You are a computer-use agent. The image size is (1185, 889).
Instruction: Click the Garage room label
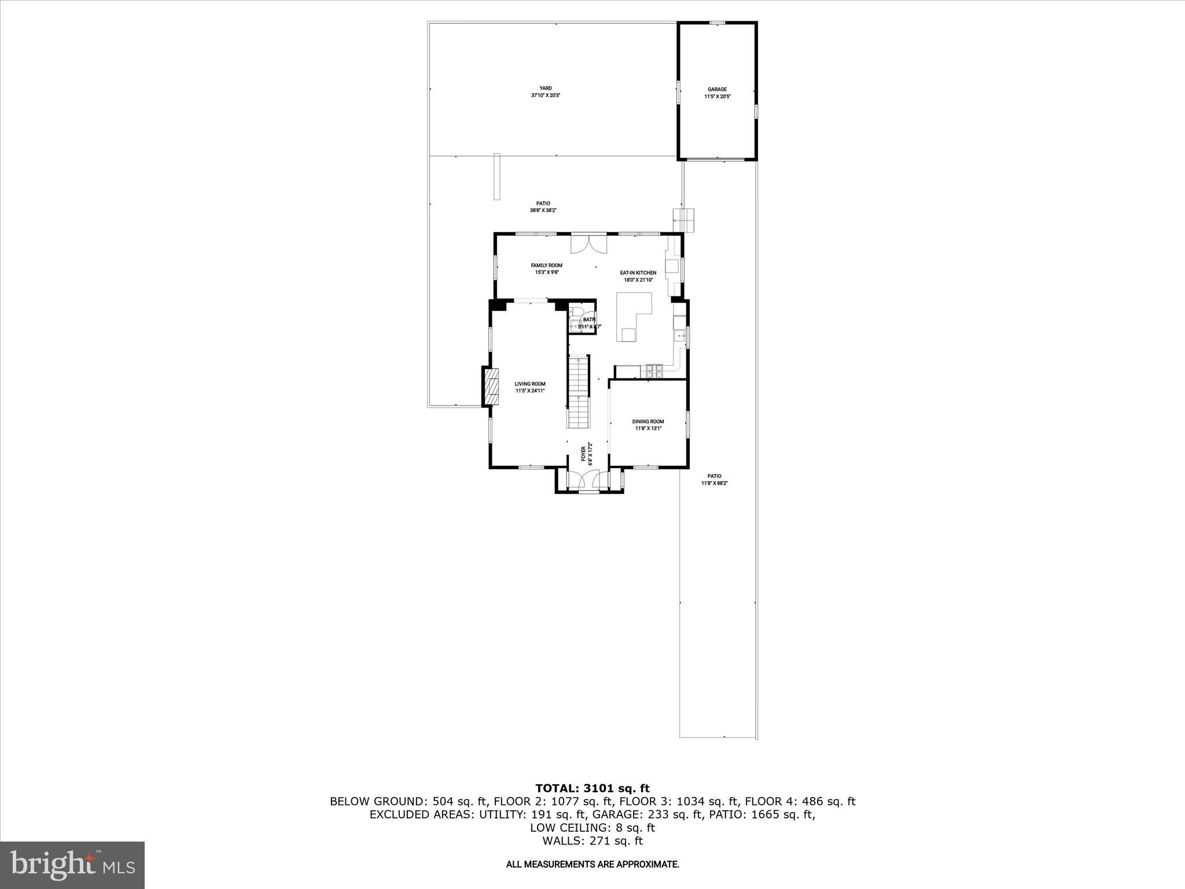click(x=717, y=90)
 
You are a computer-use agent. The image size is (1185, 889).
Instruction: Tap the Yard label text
click(x=546, y=89)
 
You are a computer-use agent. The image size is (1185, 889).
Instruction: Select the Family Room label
click(x=546, y=266)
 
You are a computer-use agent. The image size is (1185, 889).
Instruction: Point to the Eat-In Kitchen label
click(x=638, y=273)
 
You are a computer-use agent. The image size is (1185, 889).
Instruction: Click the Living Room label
click(x=530, y=384)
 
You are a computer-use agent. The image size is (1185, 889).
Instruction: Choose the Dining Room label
click(x=648, y=421)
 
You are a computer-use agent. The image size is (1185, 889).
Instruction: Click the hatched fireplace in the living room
click(x=491, y=387)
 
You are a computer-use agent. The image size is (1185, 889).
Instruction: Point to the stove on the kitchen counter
click(x=654, y=370)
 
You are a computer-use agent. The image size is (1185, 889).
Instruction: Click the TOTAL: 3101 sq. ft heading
click(x=592, y=788)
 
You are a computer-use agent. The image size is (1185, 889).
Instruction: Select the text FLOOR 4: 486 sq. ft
click(x=800, y=802)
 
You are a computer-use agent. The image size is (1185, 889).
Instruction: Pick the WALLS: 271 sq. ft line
click(x=592, y=841)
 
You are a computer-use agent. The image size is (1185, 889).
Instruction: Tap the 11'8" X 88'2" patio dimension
click(x=714, y=483)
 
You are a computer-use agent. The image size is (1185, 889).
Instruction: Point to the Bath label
click(x=589, y=319)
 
